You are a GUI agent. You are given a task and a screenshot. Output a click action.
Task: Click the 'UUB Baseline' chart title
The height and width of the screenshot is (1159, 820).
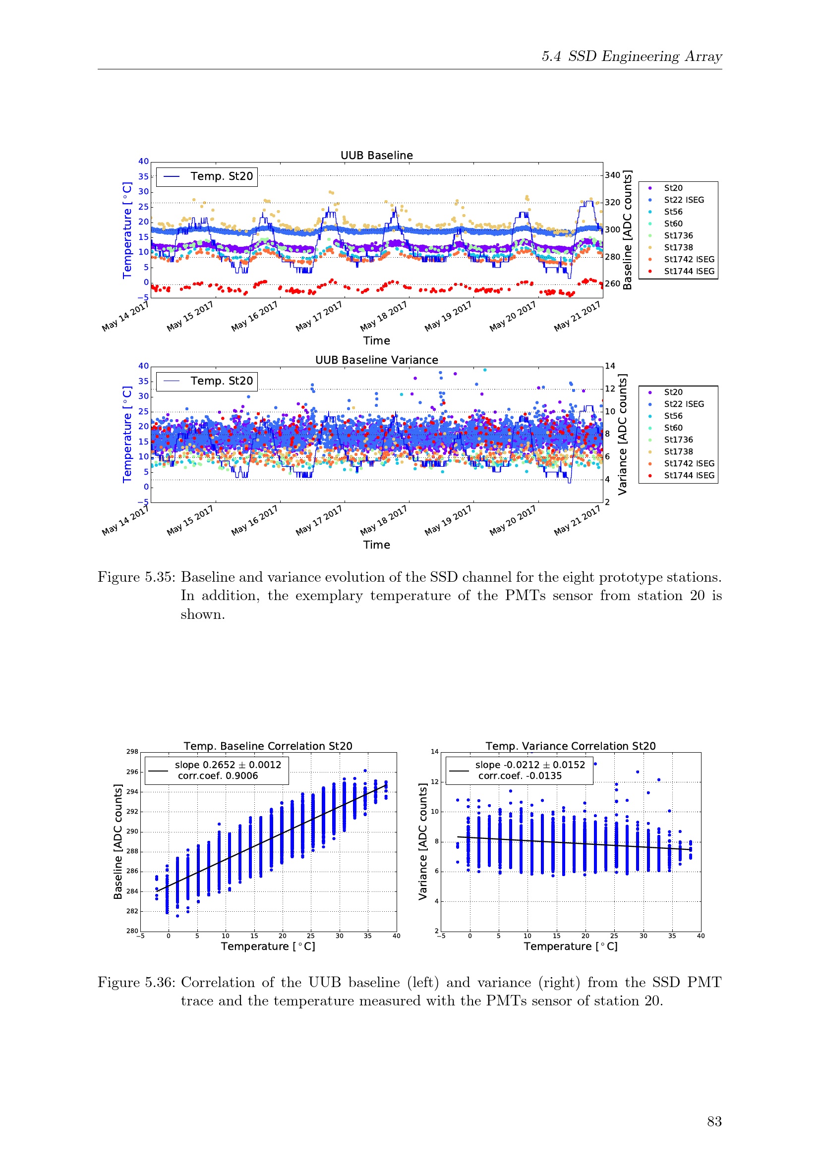tap(377, 155)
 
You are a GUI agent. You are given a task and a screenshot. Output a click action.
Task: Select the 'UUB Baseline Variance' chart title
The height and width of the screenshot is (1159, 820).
tap(377, 360)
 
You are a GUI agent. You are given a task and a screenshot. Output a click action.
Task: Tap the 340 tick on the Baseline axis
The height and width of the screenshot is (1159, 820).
tap(612, 175)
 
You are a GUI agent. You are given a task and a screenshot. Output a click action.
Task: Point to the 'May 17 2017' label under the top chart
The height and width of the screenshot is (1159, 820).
tap(319, 316)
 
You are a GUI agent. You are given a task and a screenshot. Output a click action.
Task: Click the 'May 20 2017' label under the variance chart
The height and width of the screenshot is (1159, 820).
tap(513, 520)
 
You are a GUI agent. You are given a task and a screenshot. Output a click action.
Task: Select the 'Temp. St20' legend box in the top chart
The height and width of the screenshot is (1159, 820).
tap(207, 177)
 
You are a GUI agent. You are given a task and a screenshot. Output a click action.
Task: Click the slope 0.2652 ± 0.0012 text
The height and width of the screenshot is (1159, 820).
tap(228, 765)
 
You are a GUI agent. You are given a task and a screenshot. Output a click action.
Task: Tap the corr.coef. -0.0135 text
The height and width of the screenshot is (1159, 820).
tap(520, 776)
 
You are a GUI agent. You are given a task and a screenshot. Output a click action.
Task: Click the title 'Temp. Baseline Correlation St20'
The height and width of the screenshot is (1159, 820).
tap(268, 746)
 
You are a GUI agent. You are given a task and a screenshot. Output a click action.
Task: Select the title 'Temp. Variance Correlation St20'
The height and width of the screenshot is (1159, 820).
tap(571, 746)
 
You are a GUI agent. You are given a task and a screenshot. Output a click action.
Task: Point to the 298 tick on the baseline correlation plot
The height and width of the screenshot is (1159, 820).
tap(132, 752)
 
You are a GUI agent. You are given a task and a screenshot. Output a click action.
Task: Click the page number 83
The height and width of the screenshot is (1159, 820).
tap(714, 1121)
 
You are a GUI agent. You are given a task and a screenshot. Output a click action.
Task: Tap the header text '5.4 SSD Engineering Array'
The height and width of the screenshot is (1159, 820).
tap(632, 56)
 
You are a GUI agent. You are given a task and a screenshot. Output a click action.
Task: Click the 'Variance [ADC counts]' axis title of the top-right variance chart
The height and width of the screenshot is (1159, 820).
tap(623, 435)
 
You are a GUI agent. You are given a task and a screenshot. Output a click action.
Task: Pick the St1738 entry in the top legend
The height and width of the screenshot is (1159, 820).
tap(678, 247)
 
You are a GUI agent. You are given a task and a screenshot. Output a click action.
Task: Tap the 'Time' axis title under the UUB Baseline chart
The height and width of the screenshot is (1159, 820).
tap(377, 341)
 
